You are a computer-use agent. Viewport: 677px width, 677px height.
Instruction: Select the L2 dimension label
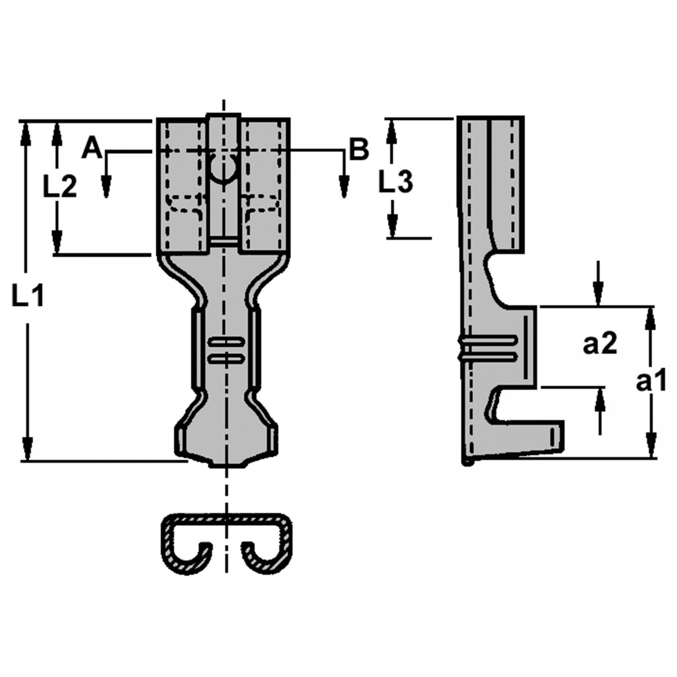[x=60, y=187]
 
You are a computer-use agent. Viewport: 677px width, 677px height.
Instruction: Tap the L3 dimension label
[x=395, y=182]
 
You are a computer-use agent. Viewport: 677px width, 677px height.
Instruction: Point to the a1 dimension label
[x=651, y=382]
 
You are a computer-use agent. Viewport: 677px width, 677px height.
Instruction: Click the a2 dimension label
[x=600, y=344]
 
